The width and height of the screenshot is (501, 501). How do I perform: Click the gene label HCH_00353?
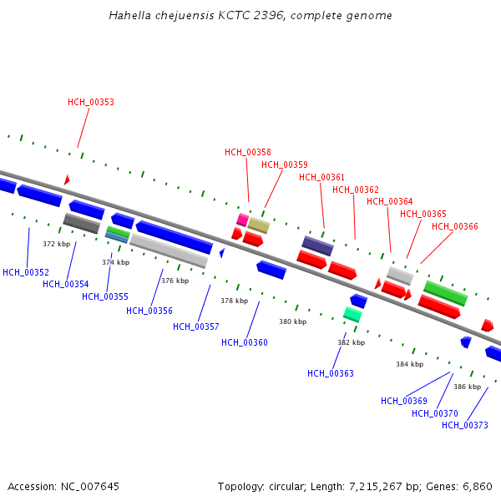click(91, 103)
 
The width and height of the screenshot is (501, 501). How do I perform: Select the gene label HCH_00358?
click(247, 152)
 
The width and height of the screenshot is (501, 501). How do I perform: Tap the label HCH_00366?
click(454, 226)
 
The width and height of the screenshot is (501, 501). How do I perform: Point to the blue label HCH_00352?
click(26, 272)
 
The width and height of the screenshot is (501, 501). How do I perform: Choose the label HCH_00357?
click(196, 326)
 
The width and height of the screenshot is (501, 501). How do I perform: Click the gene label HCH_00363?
click(331, 373)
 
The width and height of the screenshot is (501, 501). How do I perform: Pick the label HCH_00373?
click(465, 425)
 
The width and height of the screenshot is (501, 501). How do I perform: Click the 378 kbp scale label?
click(235, 301)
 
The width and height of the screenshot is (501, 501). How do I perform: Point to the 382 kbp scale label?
click(351, 342)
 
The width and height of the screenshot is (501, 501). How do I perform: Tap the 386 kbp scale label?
click(467, 387)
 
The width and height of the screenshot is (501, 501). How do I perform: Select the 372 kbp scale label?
click(56, 245)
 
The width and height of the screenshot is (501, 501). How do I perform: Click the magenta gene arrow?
click(242, 220)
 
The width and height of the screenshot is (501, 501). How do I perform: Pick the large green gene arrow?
click(445, 293)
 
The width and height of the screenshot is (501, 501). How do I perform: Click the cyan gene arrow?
click(352, 314)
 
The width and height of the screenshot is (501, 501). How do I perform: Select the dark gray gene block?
click(82, 223)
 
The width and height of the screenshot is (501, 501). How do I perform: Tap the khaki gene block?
click(259, 225)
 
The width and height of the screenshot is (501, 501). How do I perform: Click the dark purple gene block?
click(317, 245)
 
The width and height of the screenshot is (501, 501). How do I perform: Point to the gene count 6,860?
click(476, 486)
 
